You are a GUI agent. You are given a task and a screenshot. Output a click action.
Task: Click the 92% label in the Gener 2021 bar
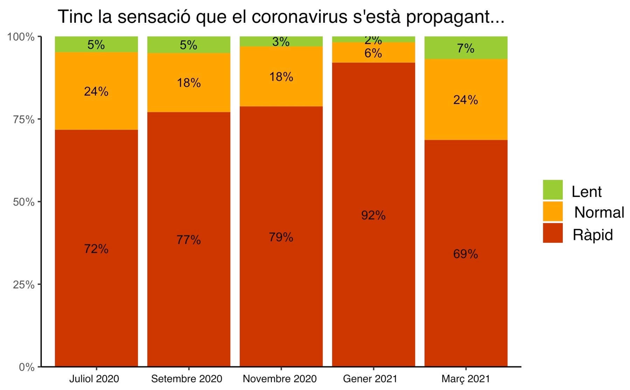[373, 215]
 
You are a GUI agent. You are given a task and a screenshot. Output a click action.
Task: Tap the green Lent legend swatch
[553, 190]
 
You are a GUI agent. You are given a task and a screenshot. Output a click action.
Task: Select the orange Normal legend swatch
[553, 212]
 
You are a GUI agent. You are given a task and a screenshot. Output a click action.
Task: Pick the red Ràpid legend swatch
[553, 233]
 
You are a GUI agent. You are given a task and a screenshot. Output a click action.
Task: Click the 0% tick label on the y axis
[27, 367]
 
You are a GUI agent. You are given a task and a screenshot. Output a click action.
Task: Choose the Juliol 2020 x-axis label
[94, 379]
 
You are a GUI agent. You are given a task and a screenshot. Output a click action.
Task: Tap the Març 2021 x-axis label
[465, 379]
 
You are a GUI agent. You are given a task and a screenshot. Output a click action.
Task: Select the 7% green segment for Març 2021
[465, 48]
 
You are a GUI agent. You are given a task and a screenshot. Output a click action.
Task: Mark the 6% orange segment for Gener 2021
[373, 53]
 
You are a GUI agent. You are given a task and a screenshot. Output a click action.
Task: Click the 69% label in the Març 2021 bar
[465, 254]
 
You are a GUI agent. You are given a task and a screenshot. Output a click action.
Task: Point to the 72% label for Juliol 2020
[96, 249]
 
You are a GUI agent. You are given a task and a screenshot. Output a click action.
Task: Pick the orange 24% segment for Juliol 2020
[96, 91]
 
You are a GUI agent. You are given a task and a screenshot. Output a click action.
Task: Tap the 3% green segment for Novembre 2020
[281, 42]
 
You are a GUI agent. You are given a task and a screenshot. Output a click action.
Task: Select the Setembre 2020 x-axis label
[187, 379]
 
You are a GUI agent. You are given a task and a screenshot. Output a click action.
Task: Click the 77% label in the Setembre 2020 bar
[189, 240]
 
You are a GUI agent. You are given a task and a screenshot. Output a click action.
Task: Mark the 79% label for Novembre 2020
[281, 237]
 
